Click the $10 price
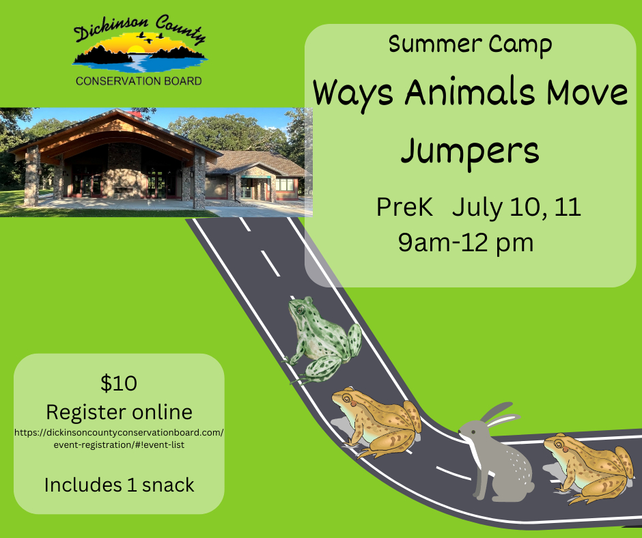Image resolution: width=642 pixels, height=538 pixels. pyautogui.click(x=119, y=384)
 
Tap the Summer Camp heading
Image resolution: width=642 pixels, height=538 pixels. pyautogui.click(x=470, y=44)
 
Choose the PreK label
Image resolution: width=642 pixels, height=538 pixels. pyautogui.click(x=404, y=208)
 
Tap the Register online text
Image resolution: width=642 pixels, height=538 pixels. pyautogui.click(x=119, y=412)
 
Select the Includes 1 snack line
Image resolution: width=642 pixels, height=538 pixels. pyautogui.click(x=119, y=485)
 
